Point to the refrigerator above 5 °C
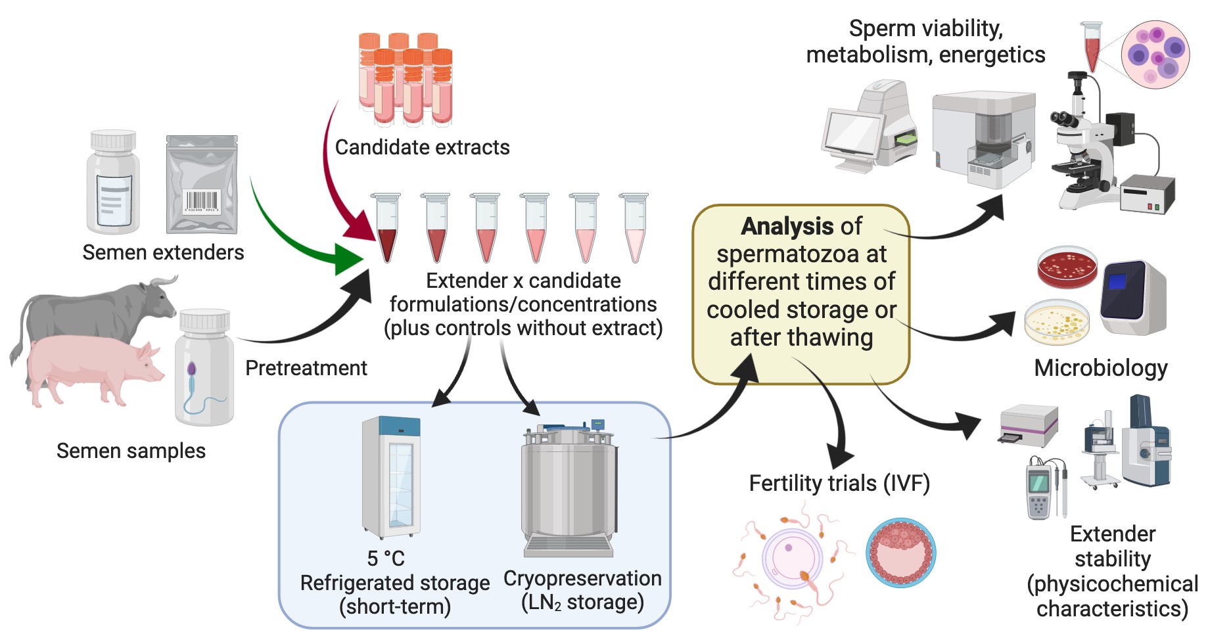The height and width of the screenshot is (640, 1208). tap(392, 476)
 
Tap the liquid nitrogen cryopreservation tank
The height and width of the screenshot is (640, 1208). tap(569, 490)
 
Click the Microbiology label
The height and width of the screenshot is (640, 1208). tap(1101, 368)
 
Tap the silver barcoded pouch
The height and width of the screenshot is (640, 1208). tap(202, 185)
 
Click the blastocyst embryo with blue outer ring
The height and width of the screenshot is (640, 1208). tap(901, 553)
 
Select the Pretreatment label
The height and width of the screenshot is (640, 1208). tap(306, 368)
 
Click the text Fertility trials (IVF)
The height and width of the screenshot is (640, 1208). tap(839, 484)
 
